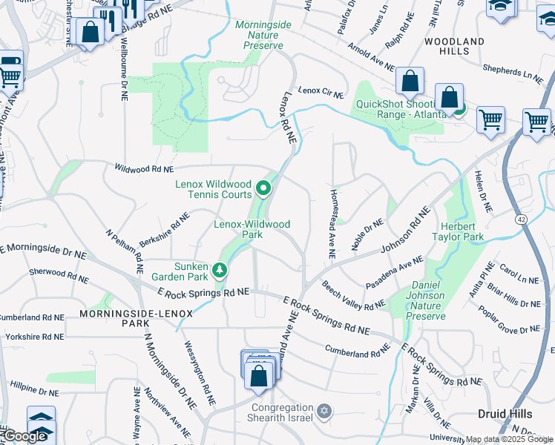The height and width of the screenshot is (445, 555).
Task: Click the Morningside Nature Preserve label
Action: [263, 35]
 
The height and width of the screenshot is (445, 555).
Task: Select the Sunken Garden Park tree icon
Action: [219, 271]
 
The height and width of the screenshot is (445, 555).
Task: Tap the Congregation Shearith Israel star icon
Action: [323, 410]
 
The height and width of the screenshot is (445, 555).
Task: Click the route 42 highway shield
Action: [521, 220]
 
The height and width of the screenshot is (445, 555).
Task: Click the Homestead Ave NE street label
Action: [332, 223]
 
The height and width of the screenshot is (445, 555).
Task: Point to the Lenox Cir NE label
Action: [321, 92]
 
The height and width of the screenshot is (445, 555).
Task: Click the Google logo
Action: [23, 436]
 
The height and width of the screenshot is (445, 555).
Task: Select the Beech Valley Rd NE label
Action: [353, 294]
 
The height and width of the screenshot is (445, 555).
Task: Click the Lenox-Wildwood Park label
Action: [252, 228]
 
